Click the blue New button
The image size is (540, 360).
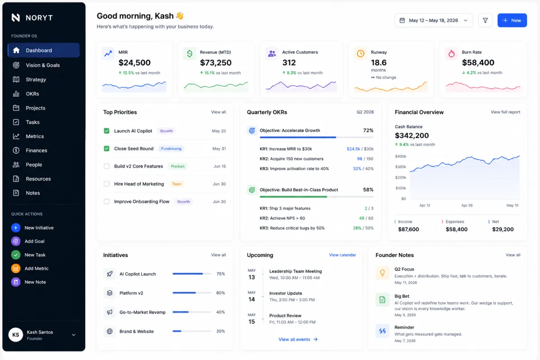click(512, 20)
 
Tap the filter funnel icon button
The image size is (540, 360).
click(485, 20)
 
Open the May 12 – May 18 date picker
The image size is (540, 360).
click(433, 20)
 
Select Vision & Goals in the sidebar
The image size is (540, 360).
click(43, 65)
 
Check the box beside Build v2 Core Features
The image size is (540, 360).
click(107, 166)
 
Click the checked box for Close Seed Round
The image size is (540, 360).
click(107, 148)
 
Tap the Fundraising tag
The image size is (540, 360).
click(171, 148)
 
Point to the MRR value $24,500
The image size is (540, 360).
click(135, 63)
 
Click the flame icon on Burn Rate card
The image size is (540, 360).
click(451, 54)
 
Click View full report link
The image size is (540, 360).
click(505, 112)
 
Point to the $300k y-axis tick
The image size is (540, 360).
click(400, 167)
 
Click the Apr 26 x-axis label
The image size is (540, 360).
click(467, 206)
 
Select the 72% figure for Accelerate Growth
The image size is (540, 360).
click(368, 130)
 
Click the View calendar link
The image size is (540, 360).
click(342, 255)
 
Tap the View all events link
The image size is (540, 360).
click(298, 339)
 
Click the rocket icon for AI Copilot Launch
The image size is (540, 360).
click(110, 274)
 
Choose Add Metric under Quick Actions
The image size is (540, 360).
click(36, 268)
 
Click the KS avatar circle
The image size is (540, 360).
click(16, 335)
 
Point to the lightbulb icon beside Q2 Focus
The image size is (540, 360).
click(382, 273)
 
